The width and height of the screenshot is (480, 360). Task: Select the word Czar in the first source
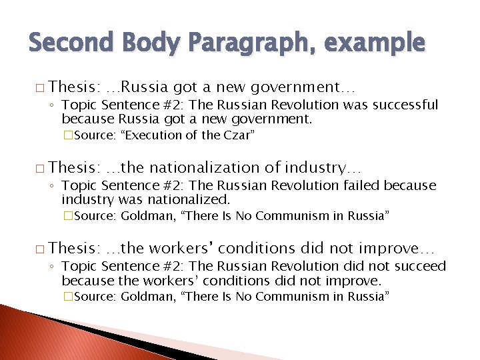(237, 135)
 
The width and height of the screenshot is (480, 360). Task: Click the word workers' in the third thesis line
(179, 248)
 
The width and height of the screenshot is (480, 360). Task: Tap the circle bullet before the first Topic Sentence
(53, 105)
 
